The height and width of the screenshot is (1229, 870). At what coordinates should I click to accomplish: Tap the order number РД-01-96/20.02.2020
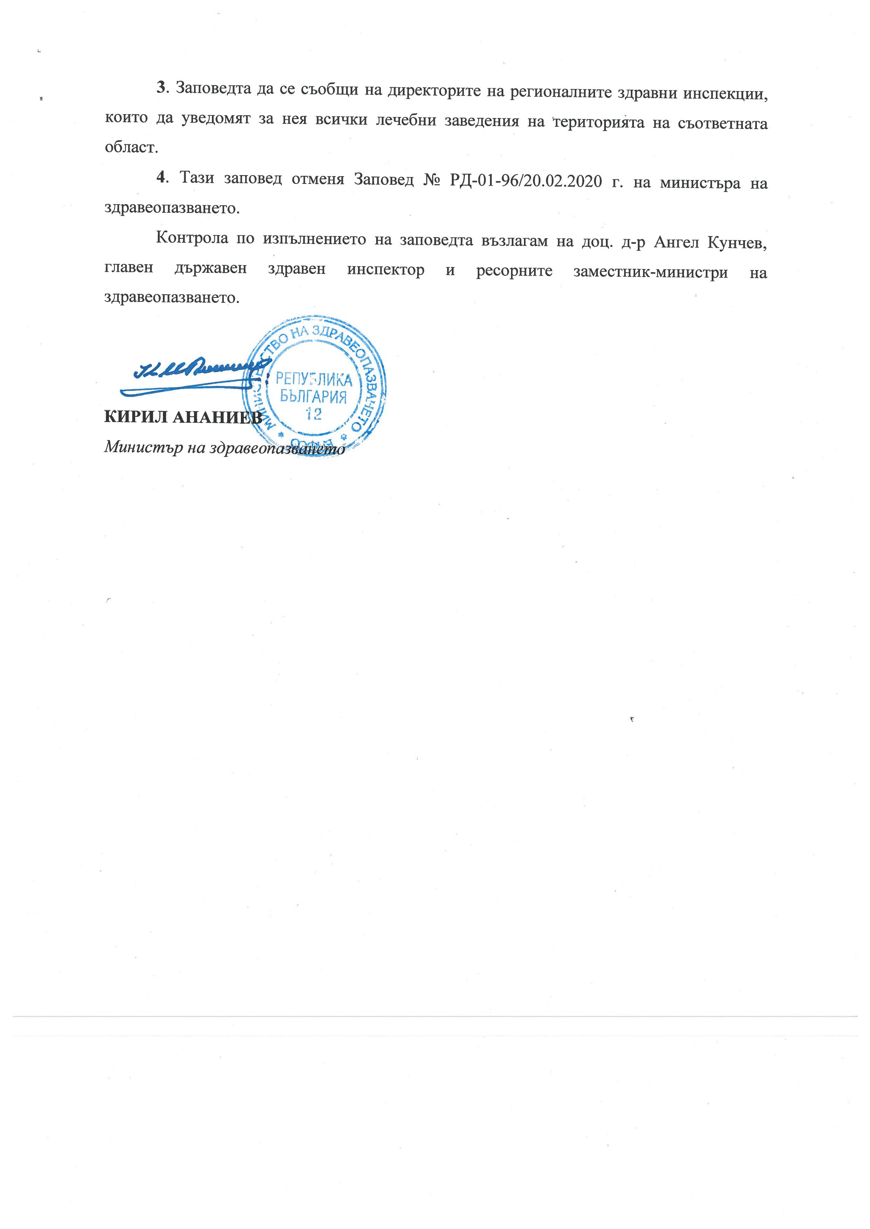pos(525,180)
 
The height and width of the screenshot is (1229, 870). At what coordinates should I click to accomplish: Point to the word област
pos(131,147)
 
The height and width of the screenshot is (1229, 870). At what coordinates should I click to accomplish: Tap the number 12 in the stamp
pos(313,414)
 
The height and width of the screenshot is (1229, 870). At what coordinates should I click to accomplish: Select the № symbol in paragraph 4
pos(431,179)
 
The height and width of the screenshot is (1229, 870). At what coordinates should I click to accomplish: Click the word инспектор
pos(386,269)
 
